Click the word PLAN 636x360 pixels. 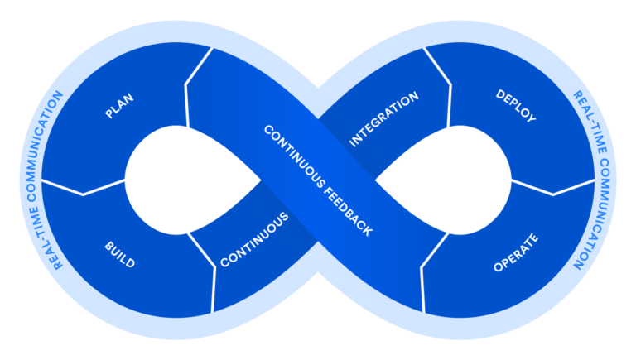119,106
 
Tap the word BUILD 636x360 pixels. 119,255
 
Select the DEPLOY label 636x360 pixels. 516,106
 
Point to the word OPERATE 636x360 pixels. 516,253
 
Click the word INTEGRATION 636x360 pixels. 383,120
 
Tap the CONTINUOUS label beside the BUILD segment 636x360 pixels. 254,240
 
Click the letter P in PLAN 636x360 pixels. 108,115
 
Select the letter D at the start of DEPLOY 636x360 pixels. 499,94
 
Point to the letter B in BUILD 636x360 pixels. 108,246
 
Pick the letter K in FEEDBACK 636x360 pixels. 368,233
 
